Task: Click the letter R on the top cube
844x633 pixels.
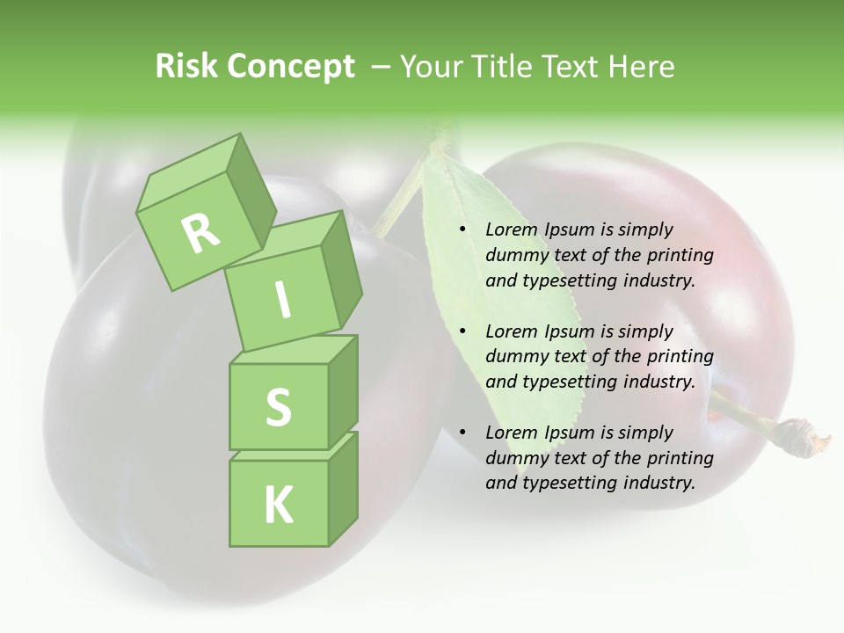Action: [200, 233]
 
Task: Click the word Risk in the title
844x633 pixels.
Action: [186, 67]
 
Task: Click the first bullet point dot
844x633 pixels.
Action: [462, 230]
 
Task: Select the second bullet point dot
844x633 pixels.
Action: [462, 331]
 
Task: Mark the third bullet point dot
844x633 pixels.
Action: [462, 433]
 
